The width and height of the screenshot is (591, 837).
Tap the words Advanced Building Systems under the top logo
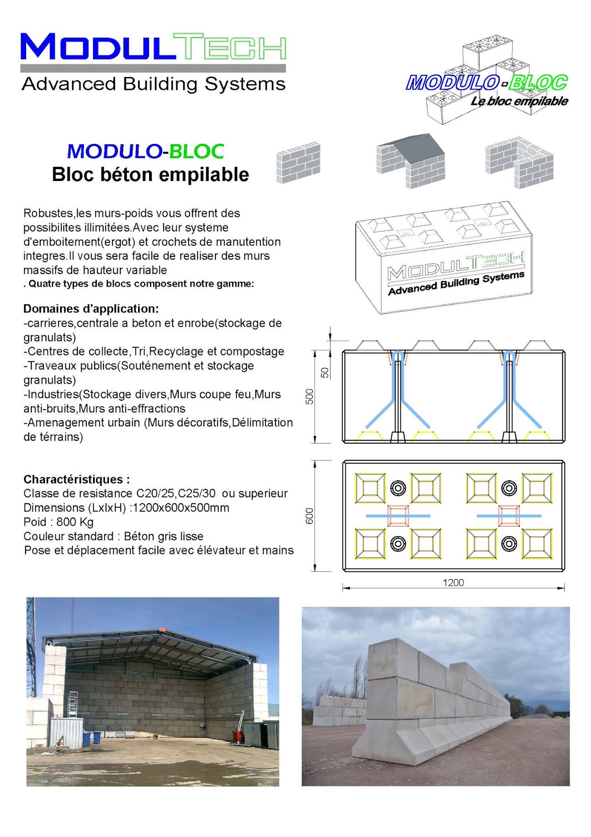click(153, 84)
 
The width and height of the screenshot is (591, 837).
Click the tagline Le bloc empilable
click(519, 101)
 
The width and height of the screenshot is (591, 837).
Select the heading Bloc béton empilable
click(150, 174)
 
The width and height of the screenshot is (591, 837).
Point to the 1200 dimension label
click(453, 582)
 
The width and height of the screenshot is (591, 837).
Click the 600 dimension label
click(310, 516)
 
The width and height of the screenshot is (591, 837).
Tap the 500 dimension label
click(310, 396)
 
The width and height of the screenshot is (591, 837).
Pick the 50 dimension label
click(325, 372)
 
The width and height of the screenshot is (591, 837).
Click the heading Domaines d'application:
click(91, 308)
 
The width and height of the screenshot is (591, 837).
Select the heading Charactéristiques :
click(77, 479)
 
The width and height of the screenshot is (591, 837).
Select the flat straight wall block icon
click(298, 162)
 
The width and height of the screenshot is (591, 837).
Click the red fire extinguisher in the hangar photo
click(238, 737)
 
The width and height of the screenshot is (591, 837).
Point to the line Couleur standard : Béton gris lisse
click(113, 536)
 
